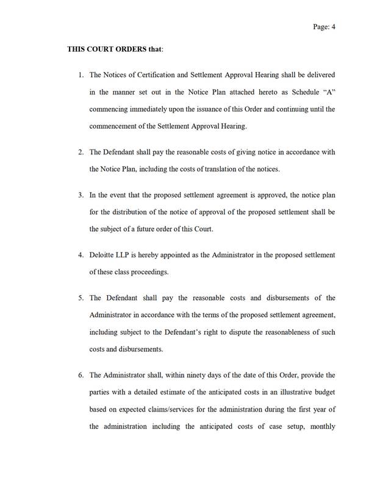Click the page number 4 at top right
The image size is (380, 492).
[x=334, y=27]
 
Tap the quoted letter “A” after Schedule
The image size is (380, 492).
[x=328, y=92]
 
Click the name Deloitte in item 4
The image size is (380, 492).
[x=101, y=254]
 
